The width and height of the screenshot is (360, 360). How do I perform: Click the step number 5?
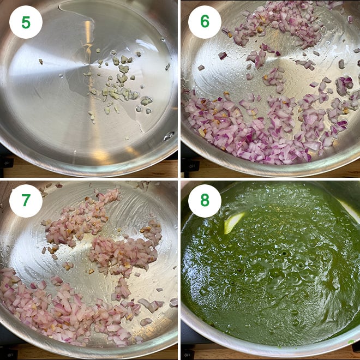26,22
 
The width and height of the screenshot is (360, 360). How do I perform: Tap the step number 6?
205,22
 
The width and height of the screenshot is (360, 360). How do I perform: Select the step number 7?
26,201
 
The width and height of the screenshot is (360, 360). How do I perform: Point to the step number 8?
205,201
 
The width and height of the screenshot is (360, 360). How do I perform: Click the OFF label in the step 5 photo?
7,163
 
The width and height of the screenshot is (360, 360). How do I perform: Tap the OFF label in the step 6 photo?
187,163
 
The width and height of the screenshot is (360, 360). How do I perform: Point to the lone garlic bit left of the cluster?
40,62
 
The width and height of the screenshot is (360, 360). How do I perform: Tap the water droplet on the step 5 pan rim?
168,135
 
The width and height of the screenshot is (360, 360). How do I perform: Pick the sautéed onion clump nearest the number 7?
82,218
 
